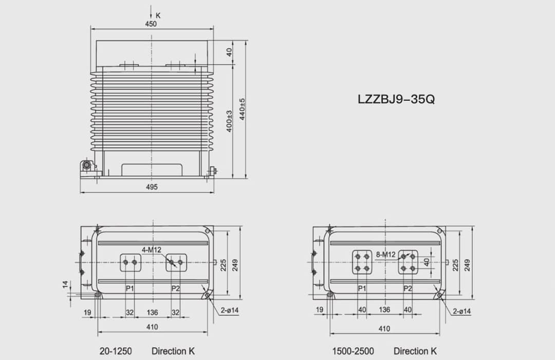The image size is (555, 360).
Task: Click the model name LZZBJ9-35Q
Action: tap(396, 99)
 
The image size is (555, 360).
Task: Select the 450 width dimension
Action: tap(151, 24)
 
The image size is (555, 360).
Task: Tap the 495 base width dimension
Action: tap(151, 187)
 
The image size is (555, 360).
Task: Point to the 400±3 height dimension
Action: tap(230, 121)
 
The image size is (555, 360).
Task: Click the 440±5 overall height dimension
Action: tap(242, 109)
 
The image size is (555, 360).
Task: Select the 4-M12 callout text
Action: tap(152, 250)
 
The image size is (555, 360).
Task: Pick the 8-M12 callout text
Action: tap(385, 255)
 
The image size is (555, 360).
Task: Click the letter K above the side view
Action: tap(158, 15)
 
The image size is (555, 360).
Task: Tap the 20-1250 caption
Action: tap(116, 351)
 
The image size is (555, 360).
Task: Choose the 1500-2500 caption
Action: tap(353, 351)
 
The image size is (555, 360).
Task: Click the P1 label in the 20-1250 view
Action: tap(130, 289)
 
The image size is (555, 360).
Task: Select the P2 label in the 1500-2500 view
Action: tap(408, 289)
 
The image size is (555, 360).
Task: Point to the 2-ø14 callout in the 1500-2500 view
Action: tap(461, 311)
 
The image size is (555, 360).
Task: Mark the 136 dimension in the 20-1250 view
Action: tap(153, 312)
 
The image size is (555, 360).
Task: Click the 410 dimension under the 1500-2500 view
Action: tap(384, 329)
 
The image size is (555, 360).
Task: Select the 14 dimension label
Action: tap(66, 284)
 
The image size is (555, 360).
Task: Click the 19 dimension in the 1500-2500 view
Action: tap(320, 310)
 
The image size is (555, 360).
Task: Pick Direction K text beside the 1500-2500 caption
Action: tap(415, 351)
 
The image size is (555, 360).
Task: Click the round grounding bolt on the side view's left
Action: tap(87, 166)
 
